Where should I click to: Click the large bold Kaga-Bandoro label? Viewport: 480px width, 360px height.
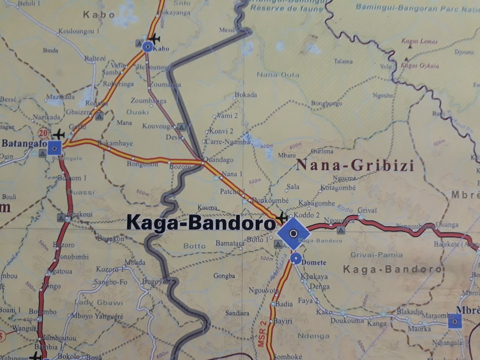click(x=201, y=223)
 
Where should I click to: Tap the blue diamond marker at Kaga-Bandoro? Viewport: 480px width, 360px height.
click(x=293, y=233)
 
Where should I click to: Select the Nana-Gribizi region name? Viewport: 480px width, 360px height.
click(x=355, y=165)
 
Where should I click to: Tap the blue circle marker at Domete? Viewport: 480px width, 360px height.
click(x=295, y=258)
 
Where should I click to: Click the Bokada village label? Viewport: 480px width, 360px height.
click(x=246, y=95)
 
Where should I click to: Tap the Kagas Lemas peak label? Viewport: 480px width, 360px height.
click(x=420, y=41)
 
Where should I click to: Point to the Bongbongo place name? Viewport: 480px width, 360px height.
click(x=326, y=103)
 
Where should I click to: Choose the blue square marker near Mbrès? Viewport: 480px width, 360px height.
click(x=454, y=321)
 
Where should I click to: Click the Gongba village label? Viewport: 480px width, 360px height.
click(x=224, y=276)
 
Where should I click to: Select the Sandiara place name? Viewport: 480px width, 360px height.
click(x=237, y=313)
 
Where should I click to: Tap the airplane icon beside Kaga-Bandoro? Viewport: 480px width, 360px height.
click(x=282, y=217)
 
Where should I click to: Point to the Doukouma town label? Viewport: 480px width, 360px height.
click(x=347, y=321)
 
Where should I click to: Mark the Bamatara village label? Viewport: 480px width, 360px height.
click(x=230, y=243)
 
